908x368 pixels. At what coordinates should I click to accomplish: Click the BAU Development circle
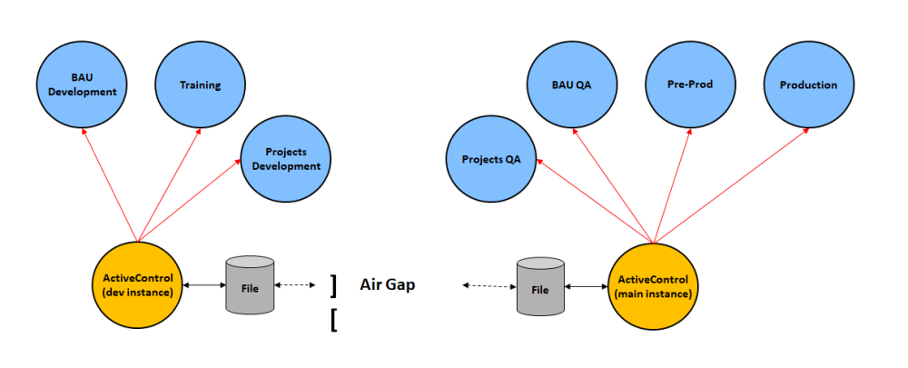[82, 85]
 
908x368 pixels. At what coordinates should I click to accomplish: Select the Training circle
[200, 85]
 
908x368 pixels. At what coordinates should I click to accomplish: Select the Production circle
[808, 85]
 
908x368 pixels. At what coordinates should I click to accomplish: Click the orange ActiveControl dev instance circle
[138, 285]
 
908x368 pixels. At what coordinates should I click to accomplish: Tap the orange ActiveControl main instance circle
[654, 285]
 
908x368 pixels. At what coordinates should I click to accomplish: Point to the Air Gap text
[388, 285]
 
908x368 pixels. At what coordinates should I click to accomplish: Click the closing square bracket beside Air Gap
[335, 285]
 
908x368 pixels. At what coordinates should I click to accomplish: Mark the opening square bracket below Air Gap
[335, 321]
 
